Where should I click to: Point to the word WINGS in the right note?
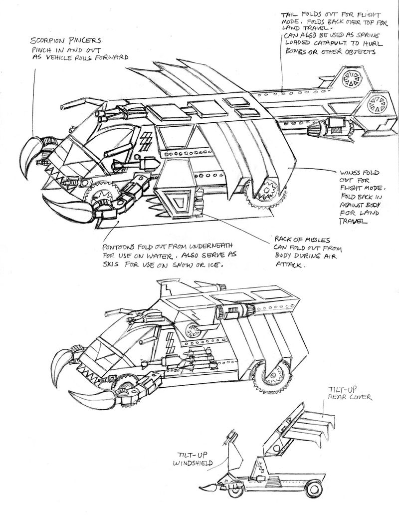click(350, 173)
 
